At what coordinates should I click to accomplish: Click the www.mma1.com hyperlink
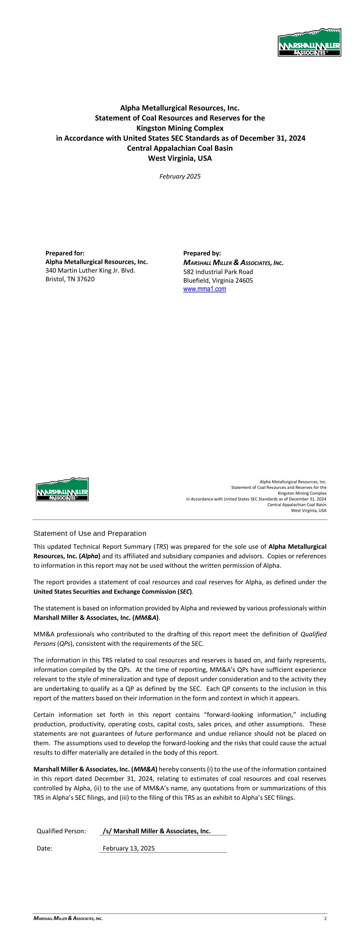click(x=204, y=289)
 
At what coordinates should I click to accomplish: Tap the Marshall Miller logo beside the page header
click(x=62, y=489)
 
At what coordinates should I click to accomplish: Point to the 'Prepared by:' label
click(x=202, y=253)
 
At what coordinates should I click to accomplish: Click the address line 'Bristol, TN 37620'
click(x=70, y=279)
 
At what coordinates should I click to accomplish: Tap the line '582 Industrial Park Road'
click(x=218, y=272)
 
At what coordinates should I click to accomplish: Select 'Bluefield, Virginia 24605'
click(x=218, y=280)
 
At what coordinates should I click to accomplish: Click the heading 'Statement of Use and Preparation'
click(x=90, y=534)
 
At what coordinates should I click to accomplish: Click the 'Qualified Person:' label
click(x=61, y=831)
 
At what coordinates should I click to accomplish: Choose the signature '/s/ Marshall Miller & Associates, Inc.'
click(x=157, y=831)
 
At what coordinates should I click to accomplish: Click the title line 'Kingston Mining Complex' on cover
click(x=180, y=128)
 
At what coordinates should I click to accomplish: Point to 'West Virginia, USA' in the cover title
click(x=180, y=158)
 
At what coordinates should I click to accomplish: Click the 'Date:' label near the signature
click(x=44, y=848)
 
